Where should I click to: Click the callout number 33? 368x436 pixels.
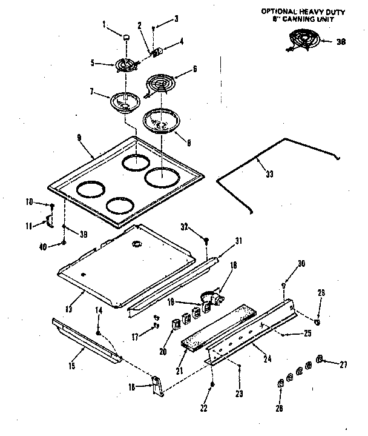[x=269, y=174]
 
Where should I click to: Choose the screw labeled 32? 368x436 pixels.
[x=207, y=241]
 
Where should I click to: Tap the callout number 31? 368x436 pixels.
[x=238, y=241]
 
